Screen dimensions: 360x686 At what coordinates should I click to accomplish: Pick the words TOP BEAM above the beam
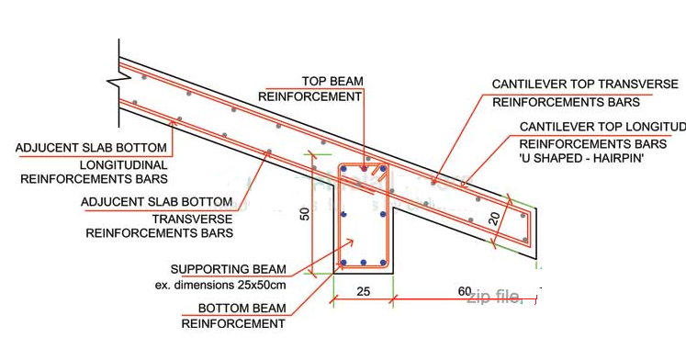(332, 81)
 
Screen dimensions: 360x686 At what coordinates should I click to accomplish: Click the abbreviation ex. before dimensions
(163, 285)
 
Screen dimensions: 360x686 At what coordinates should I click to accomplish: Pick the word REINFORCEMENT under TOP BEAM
(310, 96)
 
